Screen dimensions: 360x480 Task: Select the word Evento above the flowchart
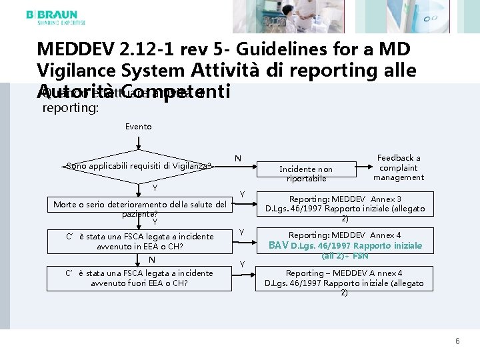pyautogui.click(x=139, y=126)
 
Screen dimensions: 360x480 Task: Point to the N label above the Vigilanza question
pyautogui.click(x=238, y=158)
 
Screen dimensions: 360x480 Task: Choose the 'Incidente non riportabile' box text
pyautogui.click(x=306, y=174)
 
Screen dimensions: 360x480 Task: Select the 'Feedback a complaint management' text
pyautogui.click(x=399, y=167)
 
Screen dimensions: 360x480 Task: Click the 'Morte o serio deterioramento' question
pyautogui.click(x=140, y=203)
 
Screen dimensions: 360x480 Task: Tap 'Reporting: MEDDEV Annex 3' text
pyautogui.click(x=344, y=199)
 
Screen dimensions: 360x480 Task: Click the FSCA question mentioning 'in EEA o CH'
pyautogui.click(x=139, y=241)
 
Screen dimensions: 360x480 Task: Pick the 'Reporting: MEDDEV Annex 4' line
pyautogui.click(x=344, y=235)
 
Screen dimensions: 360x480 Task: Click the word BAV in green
pyautogui.click(x=278, y=245)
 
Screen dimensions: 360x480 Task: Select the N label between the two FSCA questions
pyautogui.click(x=152, y=259)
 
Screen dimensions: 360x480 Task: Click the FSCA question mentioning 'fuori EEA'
pyautogui.click(x=139, y=278)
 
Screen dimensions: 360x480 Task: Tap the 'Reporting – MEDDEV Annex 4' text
pyautogui.click(x=344, y=273)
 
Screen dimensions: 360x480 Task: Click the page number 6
pyautogui.click(x=457, y=341)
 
